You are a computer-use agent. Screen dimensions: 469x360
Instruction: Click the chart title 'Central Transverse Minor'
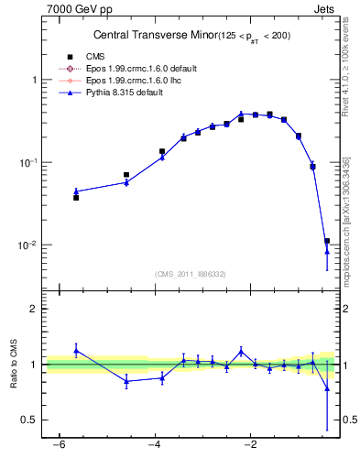[152, 36]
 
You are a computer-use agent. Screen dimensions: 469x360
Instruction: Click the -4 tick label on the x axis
[154, 445]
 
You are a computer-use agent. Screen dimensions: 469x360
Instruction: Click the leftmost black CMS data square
[76, 197]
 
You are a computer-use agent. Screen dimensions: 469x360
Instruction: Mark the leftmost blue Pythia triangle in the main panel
[76, 191]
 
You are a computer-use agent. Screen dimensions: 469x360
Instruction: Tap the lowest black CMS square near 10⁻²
[327, 241]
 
